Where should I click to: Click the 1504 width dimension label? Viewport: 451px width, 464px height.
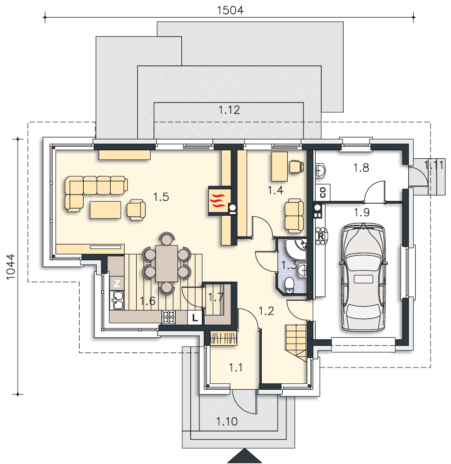(230, 10)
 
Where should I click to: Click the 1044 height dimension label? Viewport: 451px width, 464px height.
(11, 266)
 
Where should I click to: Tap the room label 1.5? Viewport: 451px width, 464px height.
(161, 197)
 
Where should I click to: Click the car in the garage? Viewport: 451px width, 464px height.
(363, 277)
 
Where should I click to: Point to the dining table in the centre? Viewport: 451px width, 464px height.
(166, 263)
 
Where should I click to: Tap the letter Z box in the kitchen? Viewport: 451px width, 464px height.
(117, 283)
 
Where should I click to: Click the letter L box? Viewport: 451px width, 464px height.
(195, 318)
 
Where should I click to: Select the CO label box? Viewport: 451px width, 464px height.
(323, 193)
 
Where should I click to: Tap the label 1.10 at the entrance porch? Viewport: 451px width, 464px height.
(227, 421)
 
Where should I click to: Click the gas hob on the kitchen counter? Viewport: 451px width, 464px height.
(169, 316)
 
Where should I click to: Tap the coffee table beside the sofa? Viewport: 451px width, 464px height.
(105, 210)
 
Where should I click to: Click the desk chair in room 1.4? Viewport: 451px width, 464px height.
(297, 167)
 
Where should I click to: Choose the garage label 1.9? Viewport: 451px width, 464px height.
(361, 213)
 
